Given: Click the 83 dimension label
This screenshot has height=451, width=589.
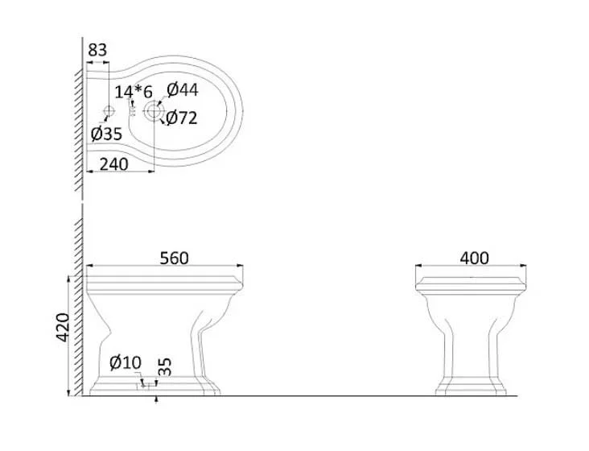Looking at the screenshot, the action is [97, 50].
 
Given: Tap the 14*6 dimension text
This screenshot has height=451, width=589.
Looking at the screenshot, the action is [134, 92].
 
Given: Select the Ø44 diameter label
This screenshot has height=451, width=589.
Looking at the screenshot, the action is [183, 90].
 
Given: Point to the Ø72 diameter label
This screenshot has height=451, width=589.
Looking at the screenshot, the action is [181, 118].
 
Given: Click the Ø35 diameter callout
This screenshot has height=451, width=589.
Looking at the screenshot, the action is [107, 134].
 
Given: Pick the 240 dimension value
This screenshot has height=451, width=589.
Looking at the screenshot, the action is [113, 164].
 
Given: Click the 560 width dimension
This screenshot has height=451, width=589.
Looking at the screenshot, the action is [175, 259].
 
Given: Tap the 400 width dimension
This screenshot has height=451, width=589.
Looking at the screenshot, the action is [475, 259].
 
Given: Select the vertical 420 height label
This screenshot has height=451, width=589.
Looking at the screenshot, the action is [63, 327].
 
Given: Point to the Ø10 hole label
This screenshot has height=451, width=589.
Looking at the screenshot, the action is [126, 362].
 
